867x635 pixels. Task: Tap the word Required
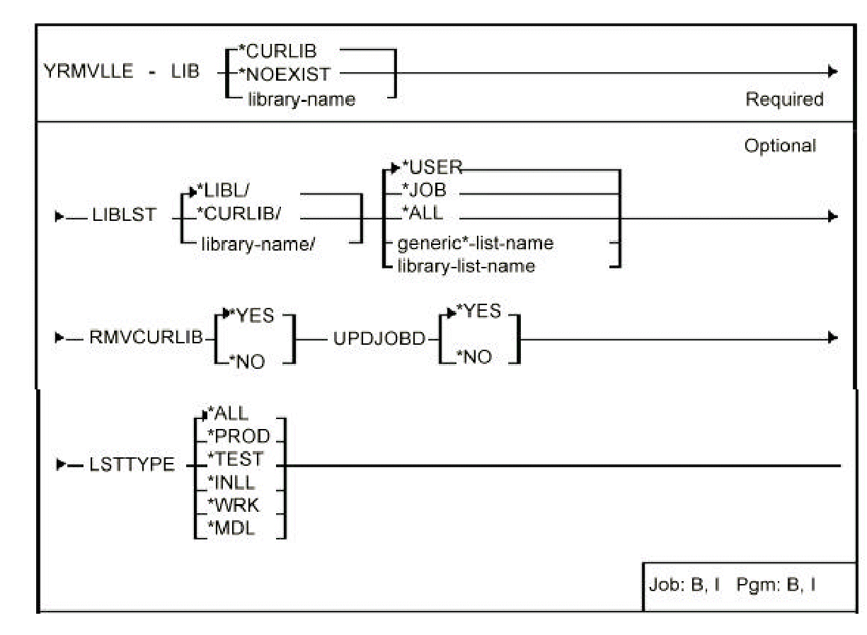coord(783,100)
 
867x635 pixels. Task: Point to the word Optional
coord(779,146)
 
